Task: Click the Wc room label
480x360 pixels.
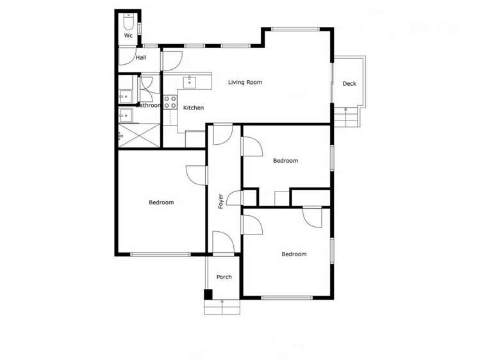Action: (x=128, y=36)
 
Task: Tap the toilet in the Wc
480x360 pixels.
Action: (x=128, y=22)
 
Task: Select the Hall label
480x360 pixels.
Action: (x=141, y=58)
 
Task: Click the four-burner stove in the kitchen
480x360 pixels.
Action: (x=170, y=102)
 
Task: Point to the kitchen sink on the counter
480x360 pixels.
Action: (x=190, y=81)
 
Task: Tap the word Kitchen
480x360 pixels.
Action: (x=194, y=108)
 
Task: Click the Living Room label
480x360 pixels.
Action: (x=245, y=82)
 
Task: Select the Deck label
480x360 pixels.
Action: (x=349, y=84)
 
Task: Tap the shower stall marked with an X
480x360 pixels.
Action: (x=138, y=135)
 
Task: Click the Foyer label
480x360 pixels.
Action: (x=221, y=202)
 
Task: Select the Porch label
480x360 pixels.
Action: (x=224, y=277)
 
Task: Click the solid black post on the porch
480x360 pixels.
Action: (x=208, y=294)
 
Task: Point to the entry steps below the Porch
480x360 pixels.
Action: (x=222, y=307)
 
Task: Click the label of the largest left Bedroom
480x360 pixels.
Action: (x=161, y=202)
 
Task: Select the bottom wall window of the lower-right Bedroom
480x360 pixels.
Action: (x=287, y=297)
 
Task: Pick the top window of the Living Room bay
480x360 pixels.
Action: (x=295, y=29)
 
